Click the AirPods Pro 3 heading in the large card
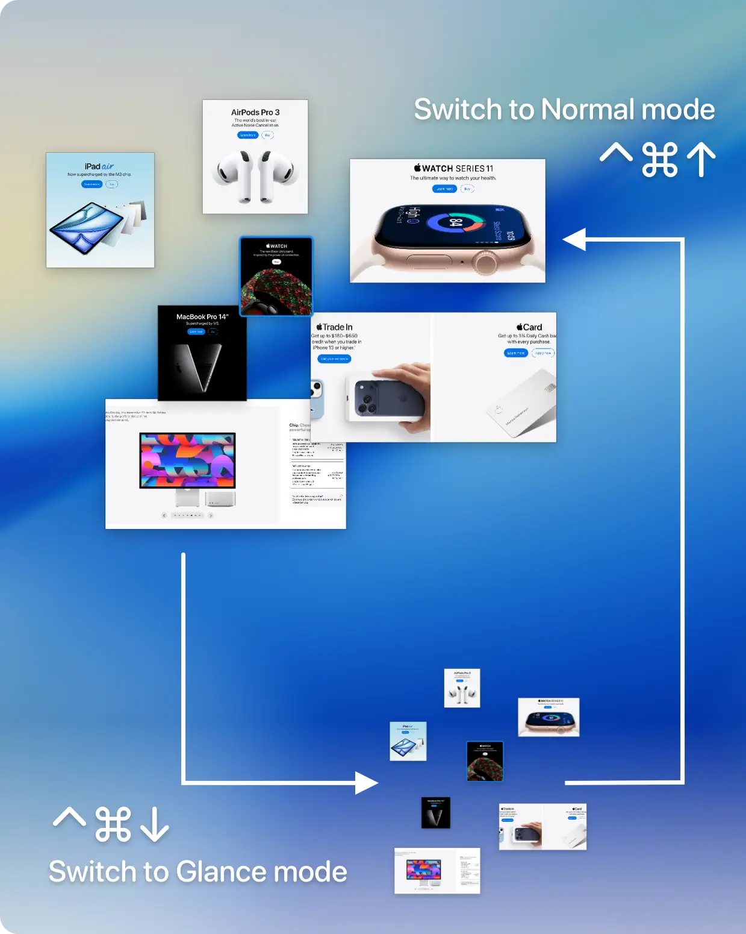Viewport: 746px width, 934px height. click(255, 113)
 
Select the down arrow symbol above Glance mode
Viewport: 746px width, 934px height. click(155, 824)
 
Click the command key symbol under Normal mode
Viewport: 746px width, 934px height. click(660, 160)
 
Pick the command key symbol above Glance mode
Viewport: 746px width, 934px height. click(113, 824)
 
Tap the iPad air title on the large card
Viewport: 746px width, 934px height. click(99, 166)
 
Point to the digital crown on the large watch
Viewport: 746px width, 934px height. click(485, 262)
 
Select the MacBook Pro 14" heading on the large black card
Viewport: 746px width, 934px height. click(202, 317)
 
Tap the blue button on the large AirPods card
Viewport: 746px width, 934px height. click(247, 135)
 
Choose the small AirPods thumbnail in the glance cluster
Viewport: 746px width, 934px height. click(462, 688)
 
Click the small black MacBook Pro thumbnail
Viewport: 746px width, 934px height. click(435, 812)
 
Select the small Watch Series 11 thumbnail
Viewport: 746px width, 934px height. click(549, 717)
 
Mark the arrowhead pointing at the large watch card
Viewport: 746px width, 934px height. click(574, 239)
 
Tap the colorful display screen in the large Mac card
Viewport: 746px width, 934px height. click(187, 460)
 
